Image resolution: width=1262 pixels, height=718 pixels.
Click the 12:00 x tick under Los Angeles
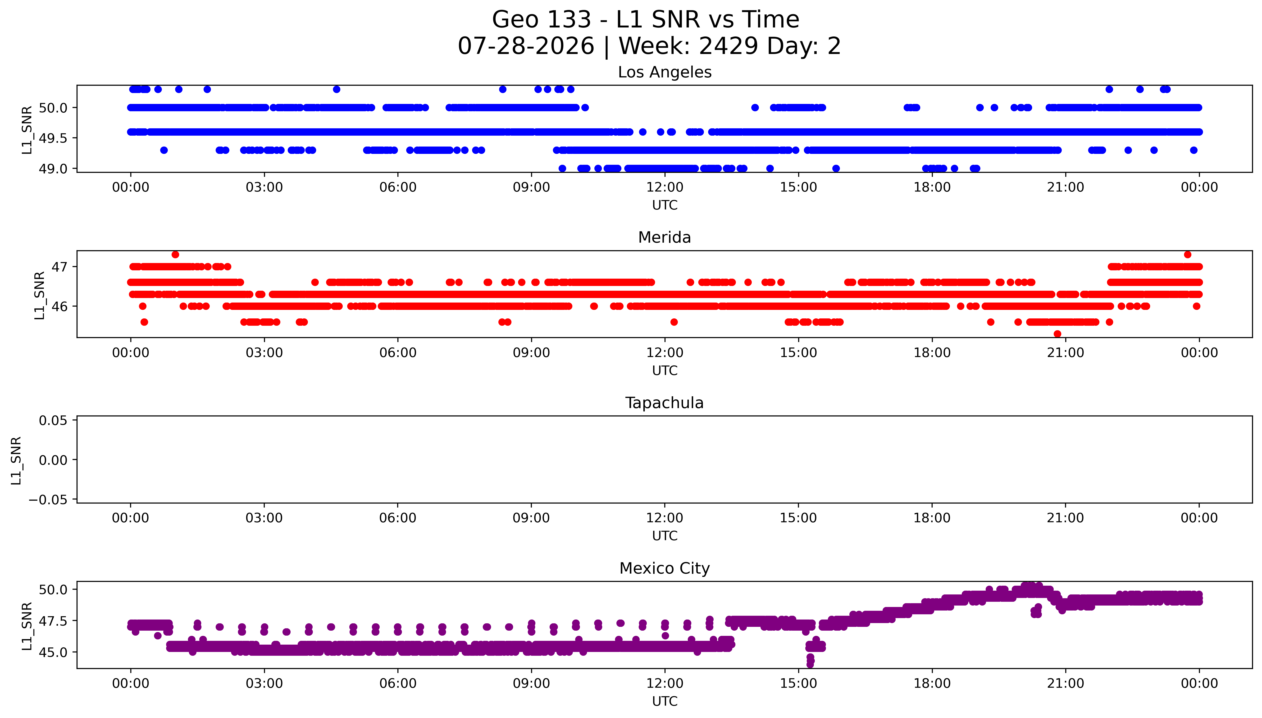(x=665, y=187)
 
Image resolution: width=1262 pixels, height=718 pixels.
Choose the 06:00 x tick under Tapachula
(x=398, y=518)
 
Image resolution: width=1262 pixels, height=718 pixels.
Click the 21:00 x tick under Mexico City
(x=1066, y=683)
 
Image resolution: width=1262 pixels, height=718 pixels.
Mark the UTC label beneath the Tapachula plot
(x=665, y=536)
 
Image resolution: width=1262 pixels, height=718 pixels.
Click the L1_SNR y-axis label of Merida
(x=40, y=295)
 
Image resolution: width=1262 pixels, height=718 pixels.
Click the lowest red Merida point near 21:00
(x=1057, y=334)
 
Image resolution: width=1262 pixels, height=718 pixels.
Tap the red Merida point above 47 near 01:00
(x=175, y=254)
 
